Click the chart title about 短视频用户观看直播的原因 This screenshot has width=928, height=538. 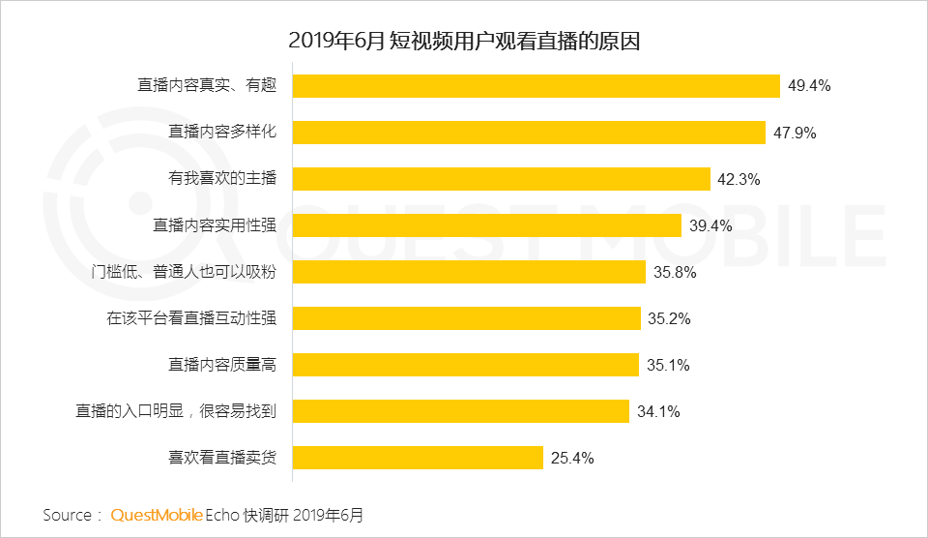coord(464,43)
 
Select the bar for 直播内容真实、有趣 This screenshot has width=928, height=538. coord(536,86)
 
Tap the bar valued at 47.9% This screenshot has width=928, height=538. coord(529,133)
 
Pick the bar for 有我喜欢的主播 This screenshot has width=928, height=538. coord(501,179)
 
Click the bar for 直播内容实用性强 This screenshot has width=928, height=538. coord(487,225)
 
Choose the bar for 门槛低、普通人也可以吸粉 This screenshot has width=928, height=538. coord(469,272)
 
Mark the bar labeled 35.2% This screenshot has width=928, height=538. coord(466,318)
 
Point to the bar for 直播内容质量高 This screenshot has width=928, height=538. coord(465,365)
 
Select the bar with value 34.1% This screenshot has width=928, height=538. coord(460,411)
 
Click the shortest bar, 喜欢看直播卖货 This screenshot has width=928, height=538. coord(418,458)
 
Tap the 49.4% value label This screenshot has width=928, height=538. coord(809,86)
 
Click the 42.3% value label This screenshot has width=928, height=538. coord(739,179)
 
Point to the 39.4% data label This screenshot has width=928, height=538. coord(710,225)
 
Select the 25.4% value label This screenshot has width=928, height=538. coord(572,458)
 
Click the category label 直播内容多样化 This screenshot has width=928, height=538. coord(222,133)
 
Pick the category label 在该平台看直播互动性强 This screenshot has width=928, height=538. coord(191,318)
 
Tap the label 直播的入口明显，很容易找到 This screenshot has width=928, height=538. coord(176,411)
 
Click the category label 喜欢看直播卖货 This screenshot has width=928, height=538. coord(222,458)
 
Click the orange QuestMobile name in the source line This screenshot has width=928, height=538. coord(157,515)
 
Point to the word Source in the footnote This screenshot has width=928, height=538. coord(68,515)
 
